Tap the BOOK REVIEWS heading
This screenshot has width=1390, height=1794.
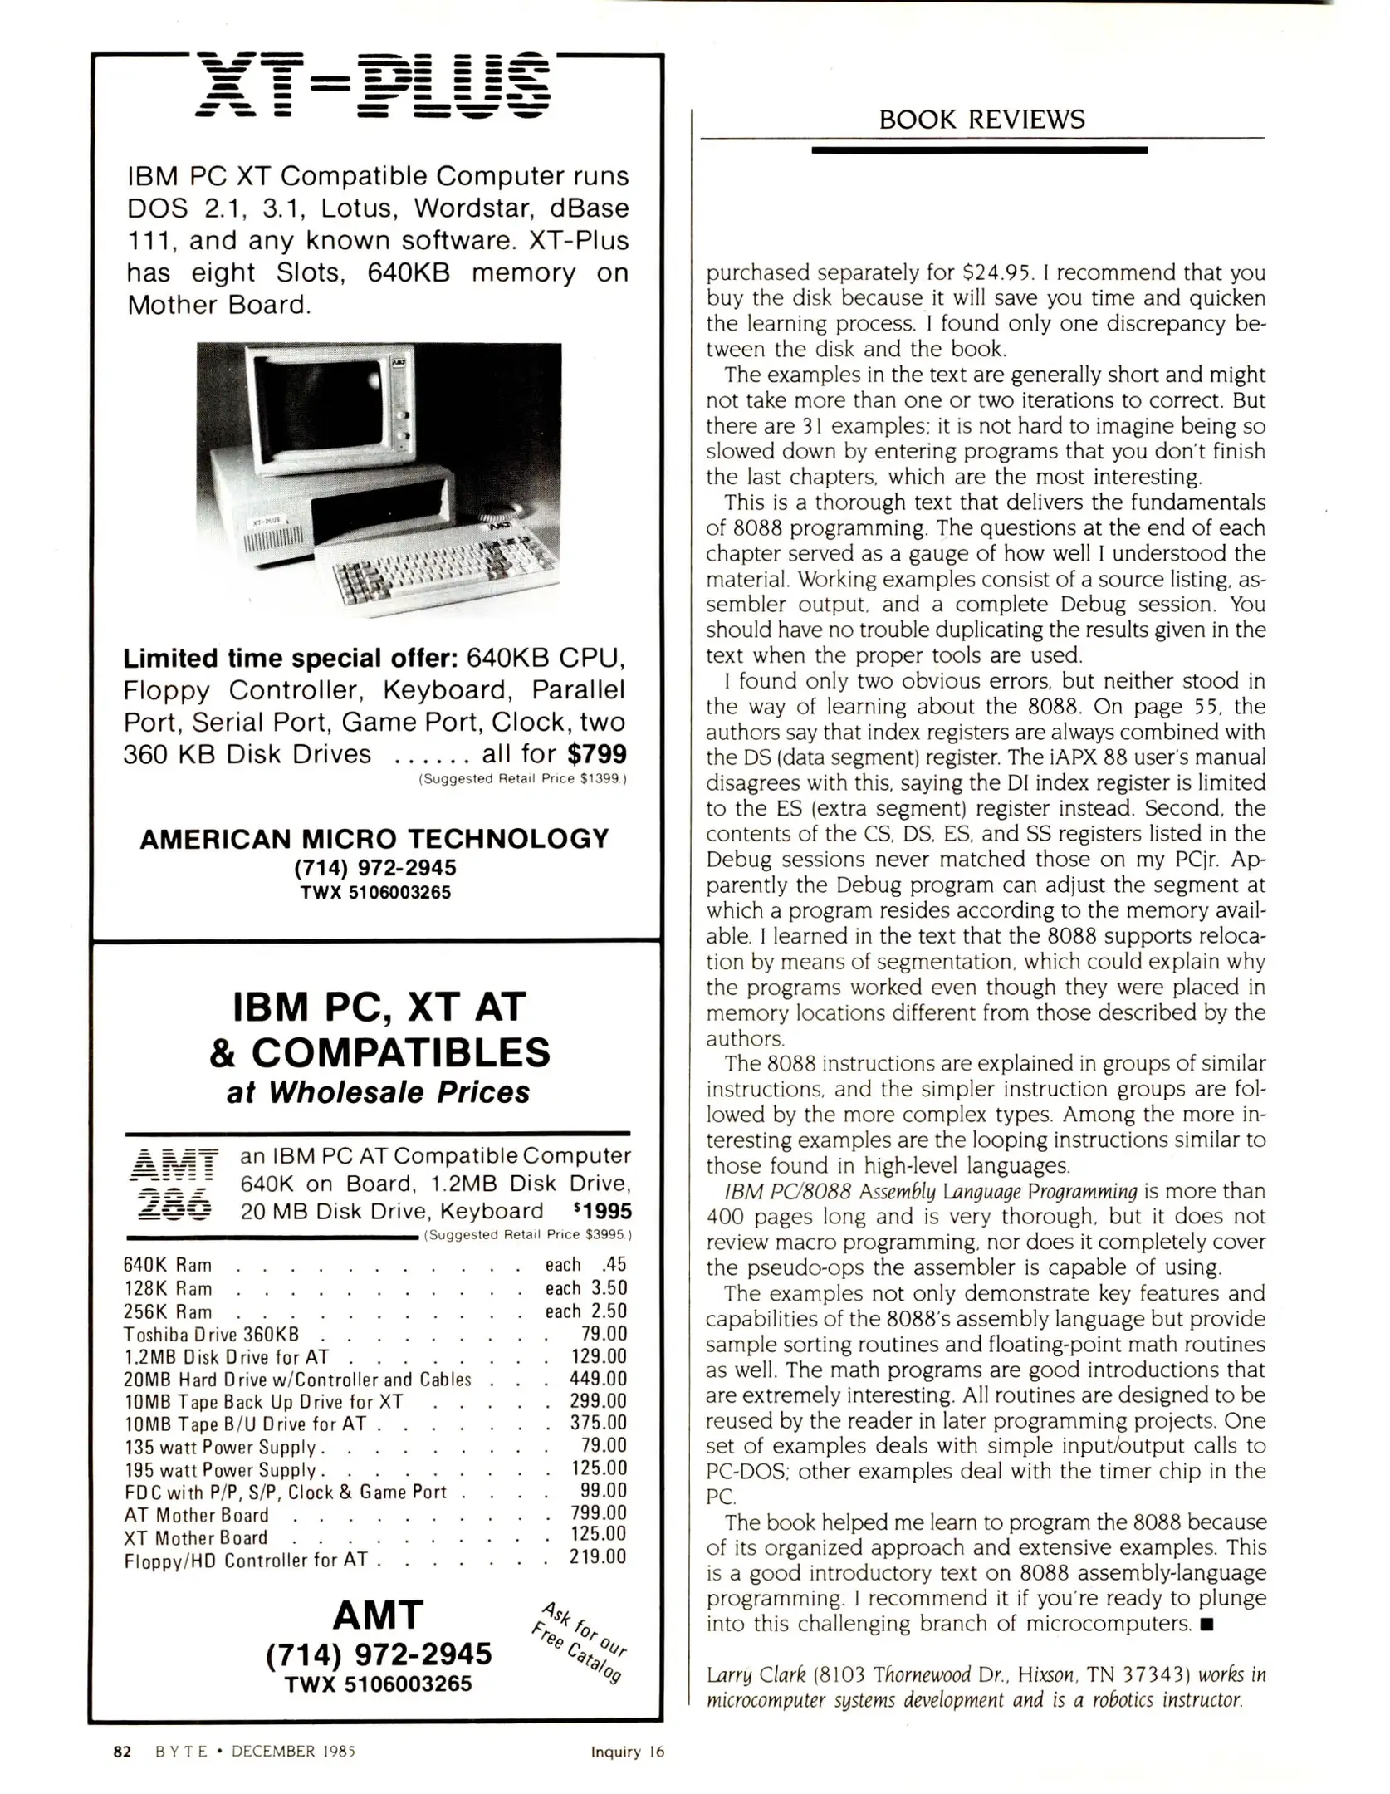981,120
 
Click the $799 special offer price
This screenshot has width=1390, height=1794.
597,754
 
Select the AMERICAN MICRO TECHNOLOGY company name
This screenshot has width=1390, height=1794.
374,839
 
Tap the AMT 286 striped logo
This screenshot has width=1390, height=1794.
174,1183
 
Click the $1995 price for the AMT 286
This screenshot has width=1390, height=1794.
602,1212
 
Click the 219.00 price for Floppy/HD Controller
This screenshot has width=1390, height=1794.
598,1557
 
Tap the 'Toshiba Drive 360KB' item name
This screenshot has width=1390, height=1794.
210,1335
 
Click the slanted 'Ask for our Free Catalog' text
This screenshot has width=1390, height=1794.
579,1641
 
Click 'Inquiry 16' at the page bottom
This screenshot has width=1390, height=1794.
628,1752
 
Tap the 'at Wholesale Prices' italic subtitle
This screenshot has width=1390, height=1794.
378,1092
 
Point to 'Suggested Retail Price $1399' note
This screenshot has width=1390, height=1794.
523,779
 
